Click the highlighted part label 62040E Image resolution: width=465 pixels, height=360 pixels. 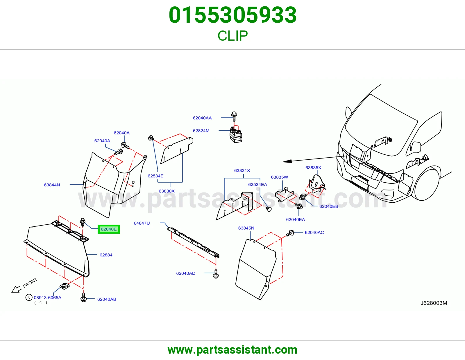coord(109,229)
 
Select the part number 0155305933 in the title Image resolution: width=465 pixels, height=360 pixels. coord(233,15)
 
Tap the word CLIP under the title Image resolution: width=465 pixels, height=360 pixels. coord(233,36)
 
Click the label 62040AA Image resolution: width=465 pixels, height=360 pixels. coord(202,118)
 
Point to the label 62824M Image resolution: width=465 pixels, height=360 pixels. coord(201,131)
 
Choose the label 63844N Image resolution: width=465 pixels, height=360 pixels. coord(52,185)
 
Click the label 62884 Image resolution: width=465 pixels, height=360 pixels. coord(106,255)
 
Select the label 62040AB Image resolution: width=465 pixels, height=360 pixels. coord(107,299)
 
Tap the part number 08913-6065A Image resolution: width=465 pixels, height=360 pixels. coord(47,298)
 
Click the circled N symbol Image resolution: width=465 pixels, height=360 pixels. coord(29,298)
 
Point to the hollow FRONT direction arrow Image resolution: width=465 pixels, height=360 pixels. coord(17,289)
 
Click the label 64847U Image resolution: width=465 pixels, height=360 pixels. coord(142,223)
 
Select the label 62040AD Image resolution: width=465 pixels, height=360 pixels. coord(186,273)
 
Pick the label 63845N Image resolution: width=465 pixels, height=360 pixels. coord(246,228)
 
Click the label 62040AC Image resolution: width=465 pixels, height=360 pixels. coord(314,232)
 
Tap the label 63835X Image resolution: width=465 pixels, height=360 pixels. coord(313,168)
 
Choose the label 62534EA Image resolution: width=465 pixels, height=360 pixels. coord(258,184)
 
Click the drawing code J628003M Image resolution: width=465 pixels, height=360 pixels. coord(434,303)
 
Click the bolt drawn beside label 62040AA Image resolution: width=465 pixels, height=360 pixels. coord(234,116)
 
